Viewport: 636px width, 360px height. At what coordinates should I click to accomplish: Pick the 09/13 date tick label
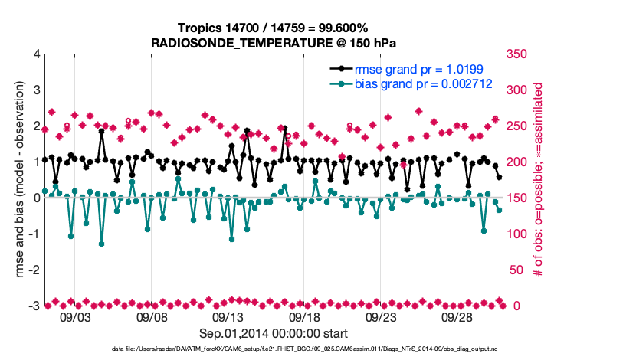click(x=228, y=317)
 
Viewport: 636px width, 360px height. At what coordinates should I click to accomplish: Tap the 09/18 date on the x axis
click(x=304, y=317)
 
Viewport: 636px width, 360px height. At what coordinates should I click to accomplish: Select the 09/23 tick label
click(x=380, y=317)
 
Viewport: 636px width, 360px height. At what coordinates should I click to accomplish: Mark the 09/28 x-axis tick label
click(x=457, y=317)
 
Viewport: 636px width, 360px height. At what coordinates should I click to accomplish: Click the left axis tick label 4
click(x=37, y=54)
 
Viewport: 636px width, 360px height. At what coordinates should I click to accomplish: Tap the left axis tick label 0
click(x=37, y=198)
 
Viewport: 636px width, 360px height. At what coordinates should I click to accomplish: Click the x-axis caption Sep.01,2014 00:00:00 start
click(x=274, y=333)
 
